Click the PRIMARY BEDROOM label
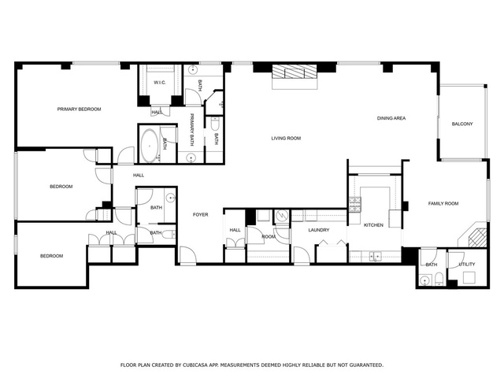click(79, 109)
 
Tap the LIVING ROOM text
click(286, 139)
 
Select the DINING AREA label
click(391, 118)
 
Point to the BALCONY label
click(462, 124)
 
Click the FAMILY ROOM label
click(443, 203)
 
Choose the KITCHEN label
click(373, 225)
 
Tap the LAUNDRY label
click(319, 230)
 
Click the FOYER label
click(201, 215)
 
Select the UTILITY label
click(467, 265)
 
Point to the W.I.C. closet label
click(160, 83)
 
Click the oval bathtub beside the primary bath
click(150, 146)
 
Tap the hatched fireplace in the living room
click(295, 72)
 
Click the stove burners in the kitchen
click(355, 205)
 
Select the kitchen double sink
click(375, 257)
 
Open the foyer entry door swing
click(188, 255)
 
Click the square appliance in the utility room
click(469, 277)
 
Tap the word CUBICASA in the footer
click(195, 365)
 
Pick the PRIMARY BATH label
click(192, 130)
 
